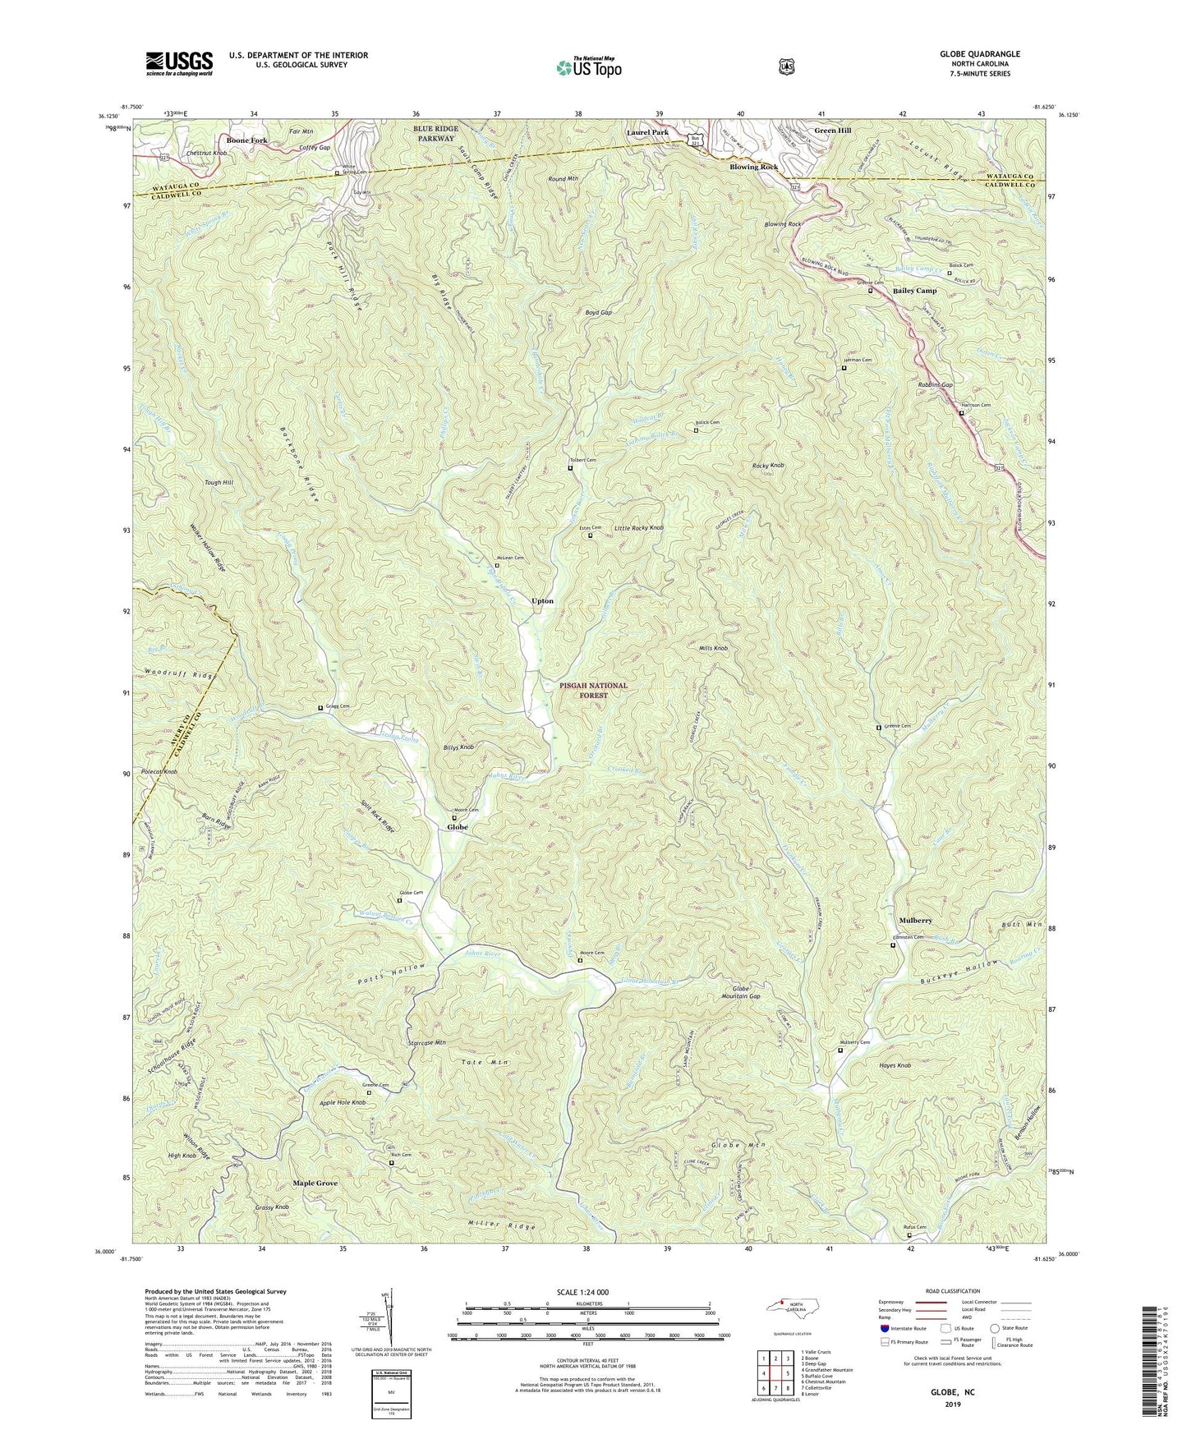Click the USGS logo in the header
pos(179,62)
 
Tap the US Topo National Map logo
pos(587,67)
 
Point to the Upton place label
pos(542,601)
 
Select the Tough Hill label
pos(219,483)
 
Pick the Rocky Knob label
pos(768,466)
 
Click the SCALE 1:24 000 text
pos(587,1293)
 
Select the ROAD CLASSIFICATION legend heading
pos(954,1292)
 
